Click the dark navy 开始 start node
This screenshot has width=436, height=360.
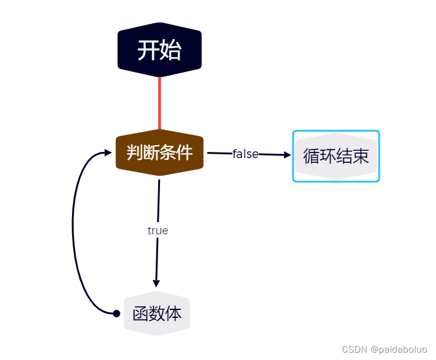pyautogui.click(x=159, y=49)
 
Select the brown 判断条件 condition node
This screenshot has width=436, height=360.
pyautogui.click(x=159, y=153)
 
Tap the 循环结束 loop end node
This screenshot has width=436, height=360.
pyautogui.click(x=336, y=156)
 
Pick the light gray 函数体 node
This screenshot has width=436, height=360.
pyautogui.click(x=157, y=314)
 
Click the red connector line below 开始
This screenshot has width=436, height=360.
pyautogui.click(x=159, y=103)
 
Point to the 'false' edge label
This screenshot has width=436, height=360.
pyautogui.click(x=245, y=154)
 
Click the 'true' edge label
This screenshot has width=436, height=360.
pyautogui.click(x=158, y=231)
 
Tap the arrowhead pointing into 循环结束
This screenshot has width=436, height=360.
pyautogui.click(x=287, y=155)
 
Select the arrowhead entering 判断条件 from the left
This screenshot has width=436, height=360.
pyautogui.click(x=108, y=153)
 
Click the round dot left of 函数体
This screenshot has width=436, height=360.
pyautogui.click(x=117, y=314)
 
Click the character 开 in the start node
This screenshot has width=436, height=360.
pyautogui.click(x=148, y=50)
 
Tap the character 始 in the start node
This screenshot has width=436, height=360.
pyautogui.click(x=170, y=50)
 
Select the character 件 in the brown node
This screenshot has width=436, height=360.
pyautogui.click(x=184, y=152)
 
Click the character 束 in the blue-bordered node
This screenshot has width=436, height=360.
pyautogui.click(x=361, y=156)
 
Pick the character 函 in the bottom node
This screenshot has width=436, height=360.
pyautogui.click(x=140, y=314)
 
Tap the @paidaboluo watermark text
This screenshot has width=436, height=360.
pyautogui.click(x=399, y=350)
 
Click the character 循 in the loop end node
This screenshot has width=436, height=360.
pyautogui.click(x=311, y=156)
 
